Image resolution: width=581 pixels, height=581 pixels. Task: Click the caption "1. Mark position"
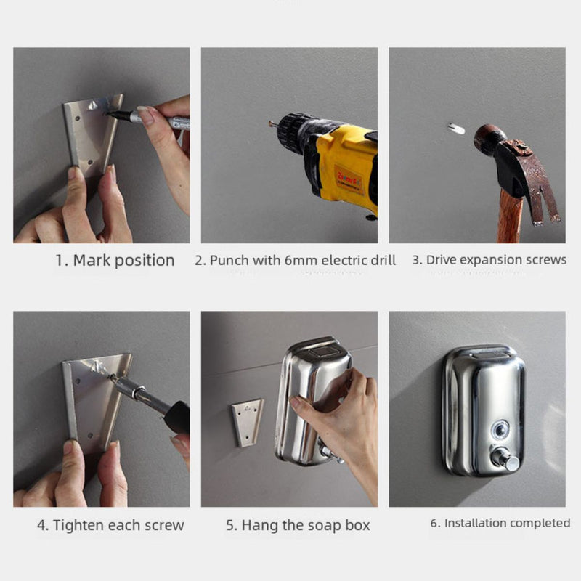(x=115, y=260)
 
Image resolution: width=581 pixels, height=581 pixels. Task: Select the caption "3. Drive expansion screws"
(x=489, y=260)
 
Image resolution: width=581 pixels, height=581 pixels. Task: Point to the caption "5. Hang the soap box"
(x=298, y=525)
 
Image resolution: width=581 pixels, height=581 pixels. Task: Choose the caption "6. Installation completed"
(x=500, y=523)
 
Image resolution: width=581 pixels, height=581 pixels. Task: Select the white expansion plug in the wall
(x=456, y=129)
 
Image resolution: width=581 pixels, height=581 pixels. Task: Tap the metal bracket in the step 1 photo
(x=87, y=134)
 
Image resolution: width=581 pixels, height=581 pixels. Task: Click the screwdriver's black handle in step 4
(x=176, y=417)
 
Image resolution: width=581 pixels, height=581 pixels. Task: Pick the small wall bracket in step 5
(x=246, y=421)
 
